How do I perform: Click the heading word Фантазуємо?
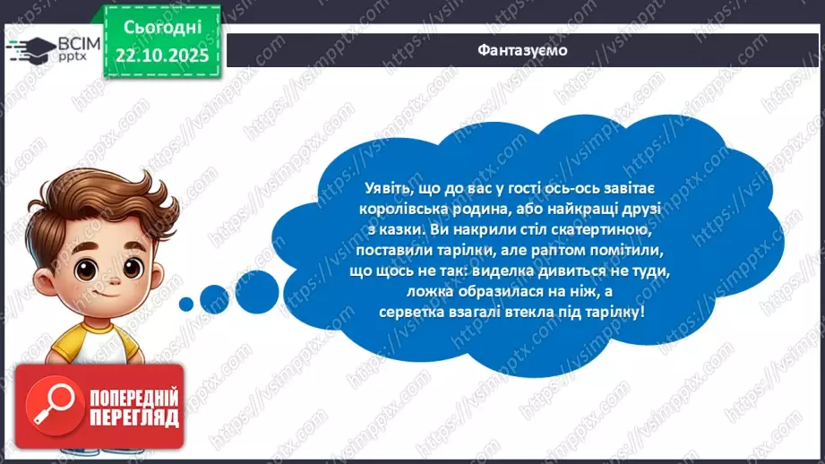522,50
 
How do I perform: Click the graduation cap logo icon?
32,47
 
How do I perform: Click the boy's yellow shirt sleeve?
68,345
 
